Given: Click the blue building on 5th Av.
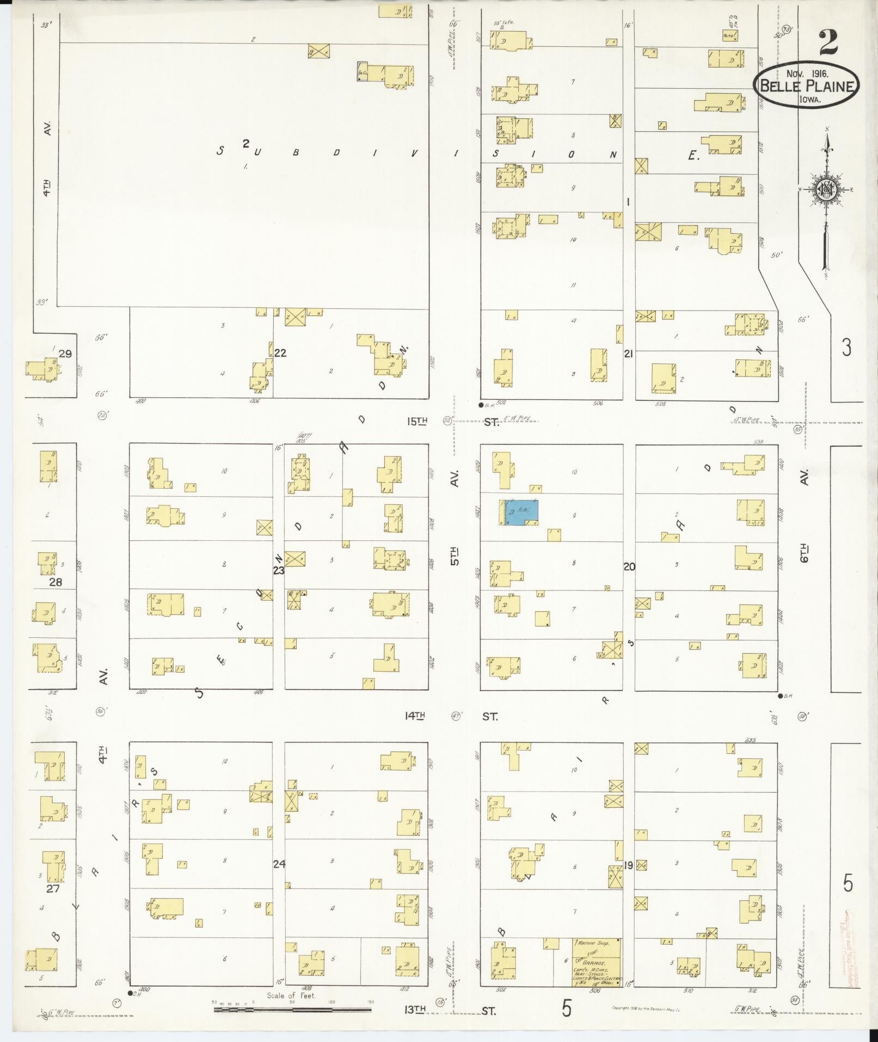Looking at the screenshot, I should point(521,513).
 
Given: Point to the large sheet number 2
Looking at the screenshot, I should point(827,42).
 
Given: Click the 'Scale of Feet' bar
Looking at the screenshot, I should point(292,1009).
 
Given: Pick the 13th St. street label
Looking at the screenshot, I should point(450,1010).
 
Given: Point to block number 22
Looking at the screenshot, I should point(280,353).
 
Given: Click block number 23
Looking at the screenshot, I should point(279,570).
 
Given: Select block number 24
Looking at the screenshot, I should point(279,863).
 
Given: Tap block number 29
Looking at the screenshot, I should point(65,354).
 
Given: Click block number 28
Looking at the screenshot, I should point(56,582).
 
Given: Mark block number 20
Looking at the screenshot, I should point(629,566).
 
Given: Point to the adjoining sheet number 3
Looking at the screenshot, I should point(846,347).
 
